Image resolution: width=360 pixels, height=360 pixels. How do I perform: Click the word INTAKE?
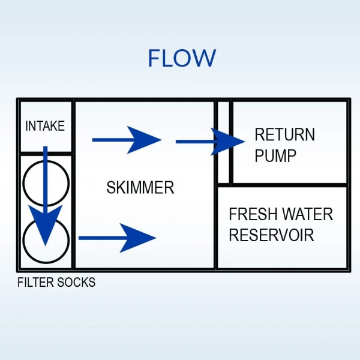point(44,127)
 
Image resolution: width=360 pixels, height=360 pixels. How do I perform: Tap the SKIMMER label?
point(140,188)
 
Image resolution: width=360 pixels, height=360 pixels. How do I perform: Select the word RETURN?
point(284,134)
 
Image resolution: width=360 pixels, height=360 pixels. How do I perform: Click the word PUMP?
point(275,156)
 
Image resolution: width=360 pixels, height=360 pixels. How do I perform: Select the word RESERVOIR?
point(271,235)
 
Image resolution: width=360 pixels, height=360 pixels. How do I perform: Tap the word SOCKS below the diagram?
point(77,282)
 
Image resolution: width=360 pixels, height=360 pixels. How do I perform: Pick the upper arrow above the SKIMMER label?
point(127,140)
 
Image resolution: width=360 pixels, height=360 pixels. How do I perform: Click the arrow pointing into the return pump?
point(210,142)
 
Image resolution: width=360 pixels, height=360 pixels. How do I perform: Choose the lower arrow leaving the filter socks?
point(117,238)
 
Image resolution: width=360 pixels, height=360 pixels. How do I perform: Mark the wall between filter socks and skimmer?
point(74,210)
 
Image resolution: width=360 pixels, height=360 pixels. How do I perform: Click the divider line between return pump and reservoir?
point(288,185)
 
